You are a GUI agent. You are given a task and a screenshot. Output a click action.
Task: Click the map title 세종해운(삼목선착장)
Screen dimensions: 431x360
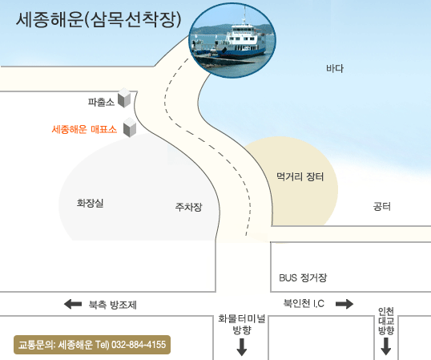pyautogui.click(x=99, y=20)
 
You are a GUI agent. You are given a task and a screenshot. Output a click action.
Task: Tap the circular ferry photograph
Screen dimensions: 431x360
pyautogui.click(x=232, y=40)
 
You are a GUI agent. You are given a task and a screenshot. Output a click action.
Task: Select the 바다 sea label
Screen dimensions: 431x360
pyautogui.click(x=335, y=68)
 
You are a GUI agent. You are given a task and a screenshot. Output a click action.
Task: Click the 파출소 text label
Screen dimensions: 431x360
pyautogui.click(x=101, y=102)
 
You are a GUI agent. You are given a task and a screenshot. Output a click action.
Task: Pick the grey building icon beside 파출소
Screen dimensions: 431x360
pyautogui.click(x=124, y=98)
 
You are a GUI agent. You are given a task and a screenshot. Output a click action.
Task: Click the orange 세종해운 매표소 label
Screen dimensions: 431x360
pyautogui.click(x=84, y=129)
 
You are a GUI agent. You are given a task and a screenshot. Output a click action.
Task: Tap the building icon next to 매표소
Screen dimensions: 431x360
pyautogui.click(x=130, y=127)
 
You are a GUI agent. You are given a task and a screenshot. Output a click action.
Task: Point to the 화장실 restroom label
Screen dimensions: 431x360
pyautogui.click(x=91, y=203)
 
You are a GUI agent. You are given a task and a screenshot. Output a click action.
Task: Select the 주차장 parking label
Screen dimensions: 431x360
pyautogui.click(x=188, y=207)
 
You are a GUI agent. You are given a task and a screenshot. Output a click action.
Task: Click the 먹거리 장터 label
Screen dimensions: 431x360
pyautogui.click(x=300, y=176)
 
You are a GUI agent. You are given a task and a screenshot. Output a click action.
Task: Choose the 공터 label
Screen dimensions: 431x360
pyautogui.click(x=382, y=206)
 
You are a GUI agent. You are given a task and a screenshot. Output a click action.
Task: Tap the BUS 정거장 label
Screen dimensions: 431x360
pyautogui.click(x=303, y=277)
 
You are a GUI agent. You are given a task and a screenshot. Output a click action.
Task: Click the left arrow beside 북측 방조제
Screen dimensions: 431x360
pyautogui.click(x=73, y=304)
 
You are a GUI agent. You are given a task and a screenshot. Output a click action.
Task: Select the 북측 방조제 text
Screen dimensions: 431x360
pyautogui.click(x=112, y=305)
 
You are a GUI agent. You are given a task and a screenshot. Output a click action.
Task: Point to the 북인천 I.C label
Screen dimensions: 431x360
pyautogui.click(x=304, y=303)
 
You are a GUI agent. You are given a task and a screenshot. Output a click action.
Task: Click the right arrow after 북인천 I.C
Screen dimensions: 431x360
pyautogui.click(x=344, y=304)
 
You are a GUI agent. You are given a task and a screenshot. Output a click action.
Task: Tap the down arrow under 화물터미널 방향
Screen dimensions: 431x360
pyautogui.click(x=242, y=347)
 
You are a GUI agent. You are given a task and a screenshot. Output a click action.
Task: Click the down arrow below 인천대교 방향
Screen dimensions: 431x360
pyautogui.click(x=386, y=346)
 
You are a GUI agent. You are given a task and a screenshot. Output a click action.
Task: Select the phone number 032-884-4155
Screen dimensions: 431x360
pyautogui.click(x=139, y=345)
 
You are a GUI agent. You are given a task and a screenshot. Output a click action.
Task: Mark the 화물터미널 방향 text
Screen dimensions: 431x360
pyautogui.click(x=242, y=324)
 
